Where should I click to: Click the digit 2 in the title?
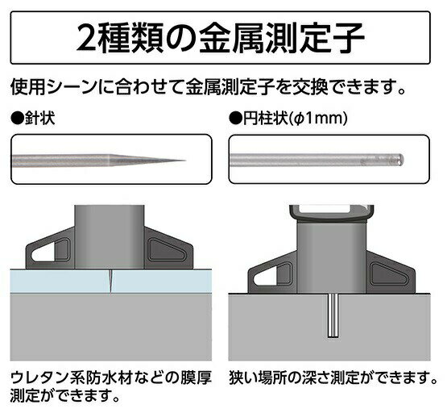coord(85,38)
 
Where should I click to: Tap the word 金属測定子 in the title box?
coord(281,38)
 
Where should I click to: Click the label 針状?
coord(39,119)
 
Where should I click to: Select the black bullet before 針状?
coord(18,119)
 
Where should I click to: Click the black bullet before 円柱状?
coord(235,119)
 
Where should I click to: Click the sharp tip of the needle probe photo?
coord(184,161)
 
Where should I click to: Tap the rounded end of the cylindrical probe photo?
coord(401,160)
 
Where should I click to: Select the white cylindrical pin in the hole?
coord(333,315)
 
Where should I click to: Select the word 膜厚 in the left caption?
coord(197,378)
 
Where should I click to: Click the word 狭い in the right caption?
coord(243,378)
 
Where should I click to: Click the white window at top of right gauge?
coord(331,211)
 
